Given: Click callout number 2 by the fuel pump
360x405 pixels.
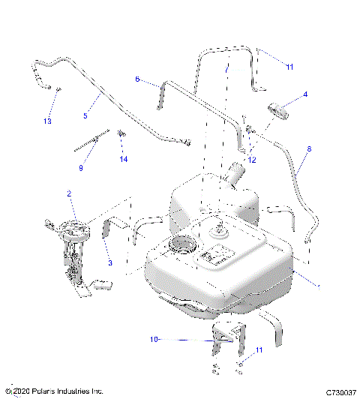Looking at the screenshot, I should pyautogui.click(x=69, y=194).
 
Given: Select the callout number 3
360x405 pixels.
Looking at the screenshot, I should pyautogui.click(x=109, y=263).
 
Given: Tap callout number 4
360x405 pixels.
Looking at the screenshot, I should pyautogui.click(x=305, y=94).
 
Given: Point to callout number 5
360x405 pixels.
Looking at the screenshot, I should pyautogui.click(x=85, y=115).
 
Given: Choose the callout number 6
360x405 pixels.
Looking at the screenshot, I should pyautogui.click(x=137, y=79).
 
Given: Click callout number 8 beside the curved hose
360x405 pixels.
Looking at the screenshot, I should pyautogui.click(x=308, y=149).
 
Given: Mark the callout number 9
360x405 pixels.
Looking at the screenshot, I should pyautogui.click(x=81, y=168).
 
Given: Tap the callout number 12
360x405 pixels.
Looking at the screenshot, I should pyautogui.click(x=252, y=160).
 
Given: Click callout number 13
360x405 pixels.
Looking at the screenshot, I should pyautogui.click(x=47, y=121).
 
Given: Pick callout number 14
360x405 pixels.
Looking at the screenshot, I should pyautogui.click(x=124, y=160).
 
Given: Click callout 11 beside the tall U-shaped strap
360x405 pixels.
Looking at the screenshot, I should pyautogui.click(x=289, y=67).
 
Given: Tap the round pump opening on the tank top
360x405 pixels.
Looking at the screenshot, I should pyautogui.click(x=183, y=244).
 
